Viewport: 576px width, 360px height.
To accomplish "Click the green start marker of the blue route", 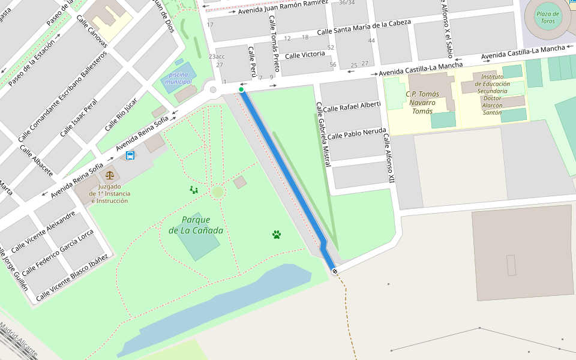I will (x=241, y=89).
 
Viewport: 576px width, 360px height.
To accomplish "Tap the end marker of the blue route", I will (x=334, y=271).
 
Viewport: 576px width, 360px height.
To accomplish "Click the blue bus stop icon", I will (x=130, y=155).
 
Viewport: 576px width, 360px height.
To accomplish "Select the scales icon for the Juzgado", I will (x=109, y=175).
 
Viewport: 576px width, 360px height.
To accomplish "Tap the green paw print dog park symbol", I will (x=277, y=234).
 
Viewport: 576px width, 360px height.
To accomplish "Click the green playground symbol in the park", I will (x=193, y=190).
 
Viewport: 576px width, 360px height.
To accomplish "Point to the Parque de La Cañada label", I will (x=196, y=225).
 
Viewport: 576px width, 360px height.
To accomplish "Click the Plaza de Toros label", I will (x=547, y=17).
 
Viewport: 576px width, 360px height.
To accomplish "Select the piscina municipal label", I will (x=178, y=77).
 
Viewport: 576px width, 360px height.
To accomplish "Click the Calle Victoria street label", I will (x=305, y=55).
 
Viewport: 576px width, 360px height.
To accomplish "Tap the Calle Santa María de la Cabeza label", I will (x=364, y=27).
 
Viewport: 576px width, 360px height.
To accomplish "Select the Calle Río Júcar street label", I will (x=121, y=114).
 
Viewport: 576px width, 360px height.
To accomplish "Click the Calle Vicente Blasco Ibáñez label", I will (x=72, y=277).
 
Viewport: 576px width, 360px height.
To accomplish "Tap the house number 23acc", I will (x=217, y=56).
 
